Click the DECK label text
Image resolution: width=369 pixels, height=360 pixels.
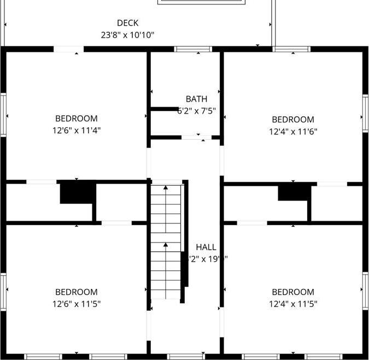127,23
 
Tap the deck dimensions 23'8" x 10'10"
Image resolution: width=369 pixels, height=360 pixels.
127,35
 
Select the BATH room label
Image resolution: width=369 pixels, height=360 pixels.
196,99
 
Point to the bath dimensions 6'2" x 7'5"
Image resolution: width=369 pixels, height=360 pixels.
196,111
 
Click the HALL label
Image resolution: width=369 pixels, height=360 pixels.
206,247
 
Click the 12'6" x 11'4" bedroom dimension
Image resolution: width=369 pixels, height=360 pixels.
77,131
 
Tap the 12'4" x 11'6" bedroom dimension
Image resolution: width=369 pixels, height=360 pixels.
293,132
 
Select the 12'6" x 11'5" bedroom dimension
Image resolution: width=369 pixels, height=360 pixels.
77,304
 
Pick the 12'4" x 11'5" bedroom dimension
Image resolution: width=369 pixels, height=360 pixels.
293,304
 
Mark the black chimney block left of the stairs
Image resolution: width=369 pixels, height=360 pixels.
77,192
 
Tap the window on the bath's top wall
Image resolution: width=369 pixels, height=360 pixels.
193,49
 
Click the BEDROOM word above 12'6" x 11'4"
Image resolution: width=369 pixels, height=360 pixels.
77,119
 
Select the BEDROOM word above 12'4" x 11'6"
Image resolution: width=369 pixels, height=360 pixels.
293,120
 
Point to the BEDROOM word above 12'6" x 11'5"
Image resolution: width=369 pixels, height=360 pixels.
77,292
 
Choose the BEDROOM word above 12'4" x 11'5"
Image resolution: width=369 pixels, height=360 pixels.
293,292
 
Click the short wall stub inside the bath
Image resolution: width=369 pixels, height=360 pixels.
164,109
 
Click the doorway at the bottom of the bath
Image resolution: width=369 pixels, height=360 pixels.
196,137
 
